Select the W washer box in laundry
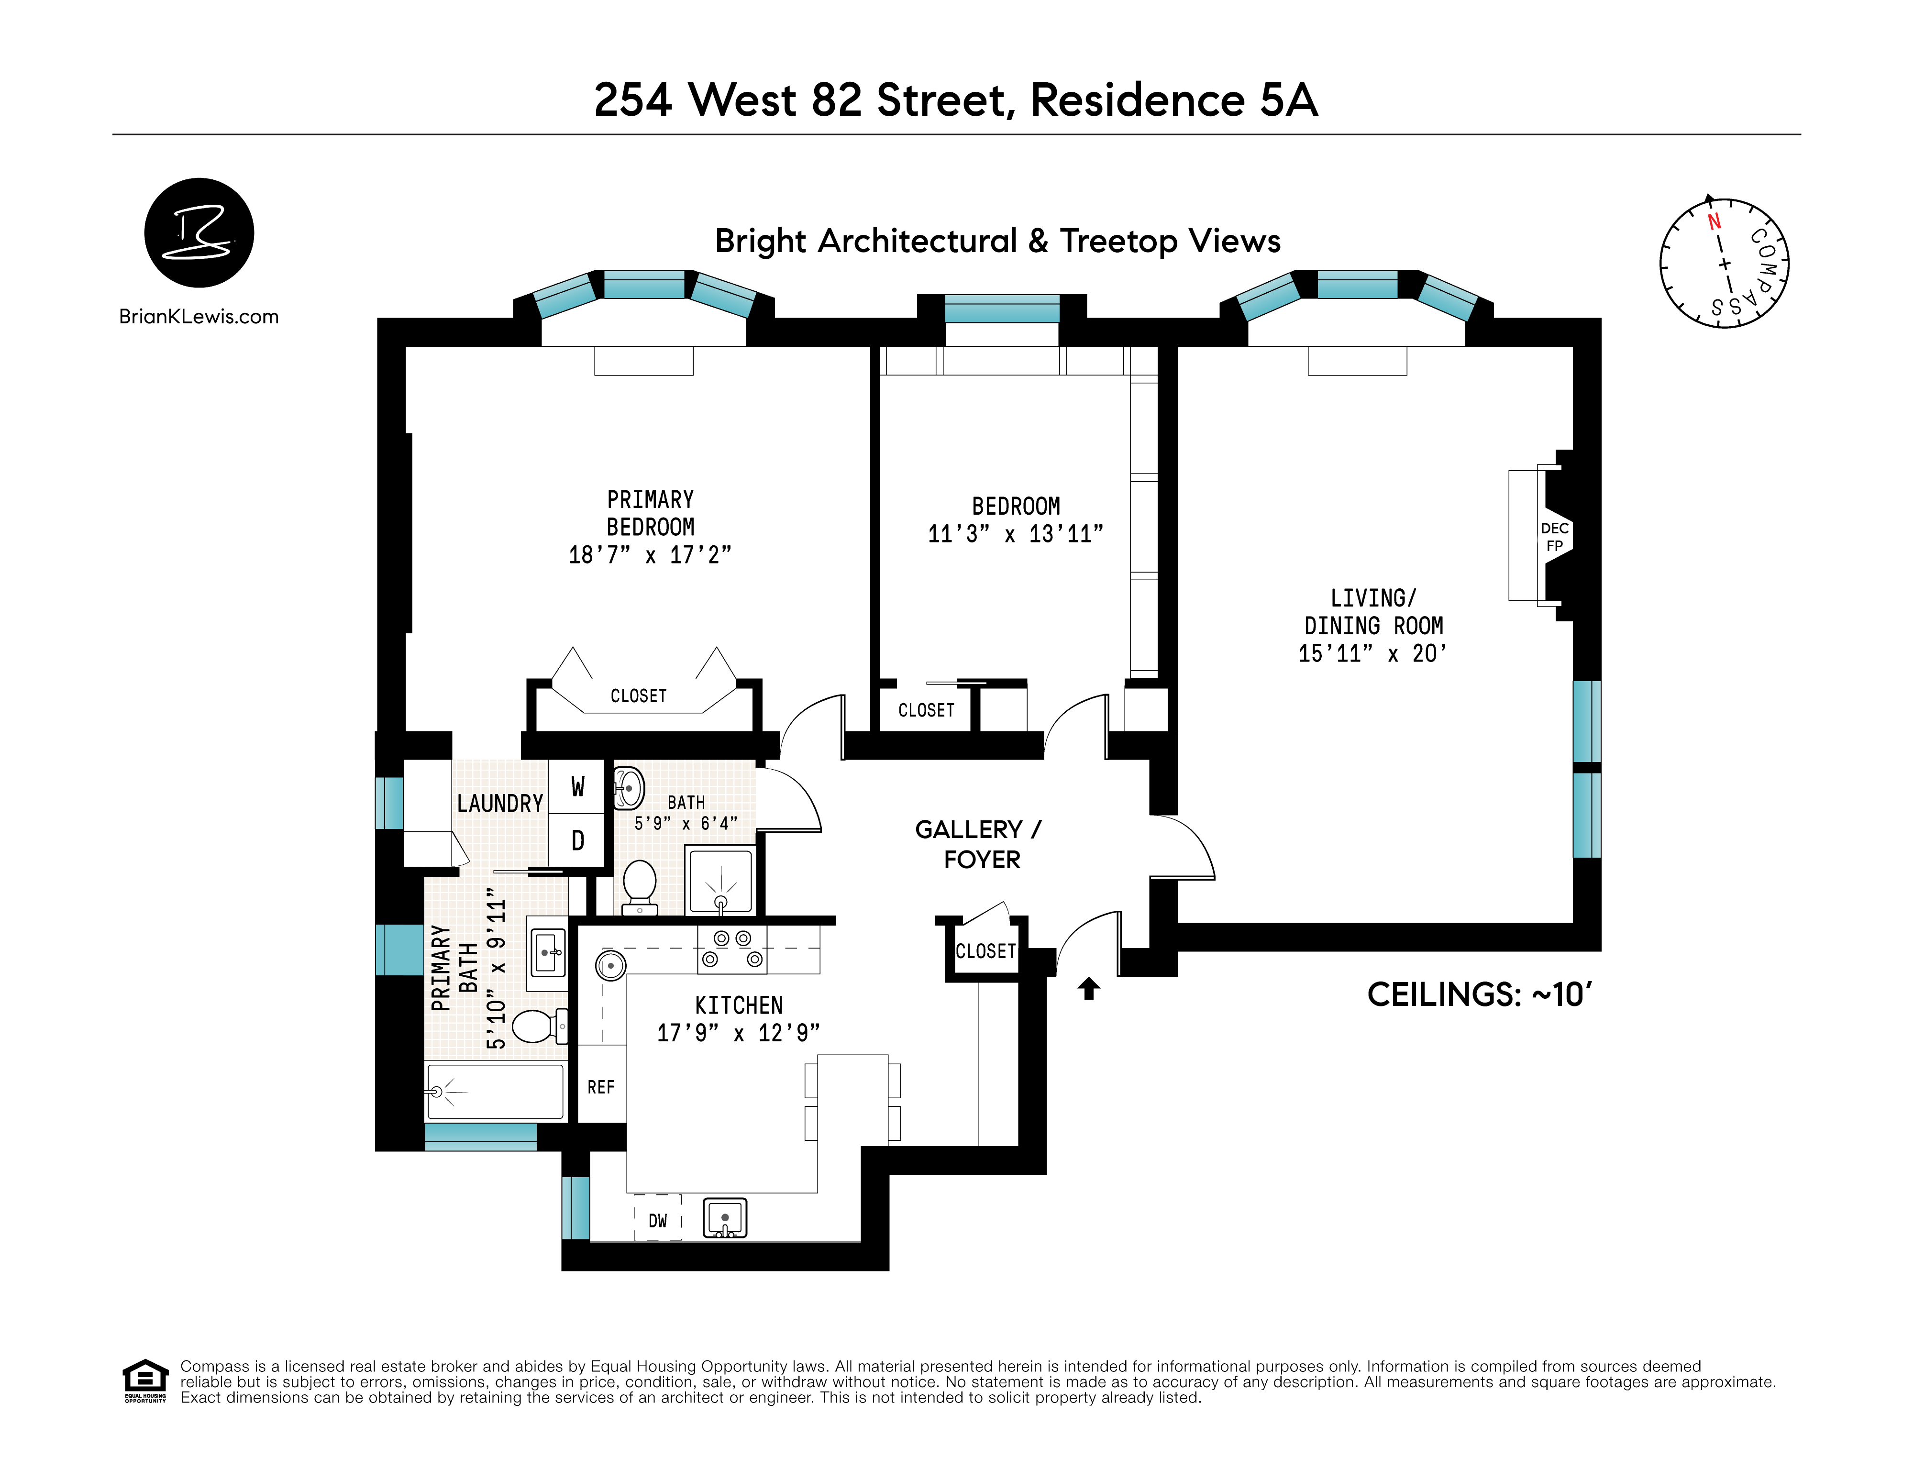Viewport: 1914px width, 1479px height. (x=577, y=787)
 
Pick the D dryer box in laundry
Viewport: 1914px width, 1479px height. (x=577, y=841)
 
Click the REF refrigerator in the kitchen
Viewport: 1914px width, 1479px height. (x=601, y=1086)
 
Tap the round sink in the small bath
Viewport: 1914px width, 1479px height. (x=629, y=788)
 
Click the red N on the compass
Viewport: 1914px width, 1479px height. (x=1714, y=221)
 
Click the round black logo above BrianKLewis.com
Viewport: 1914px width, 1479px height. (x=199, y=233)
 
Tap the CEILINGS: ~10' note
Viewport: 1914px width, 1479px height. (x=1479, y=994)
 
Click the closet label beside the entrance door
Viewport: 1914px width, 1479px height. (x=985, y=950)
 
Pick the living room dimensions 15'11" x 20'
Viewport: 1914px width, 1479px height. (x=1372, y=653)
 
